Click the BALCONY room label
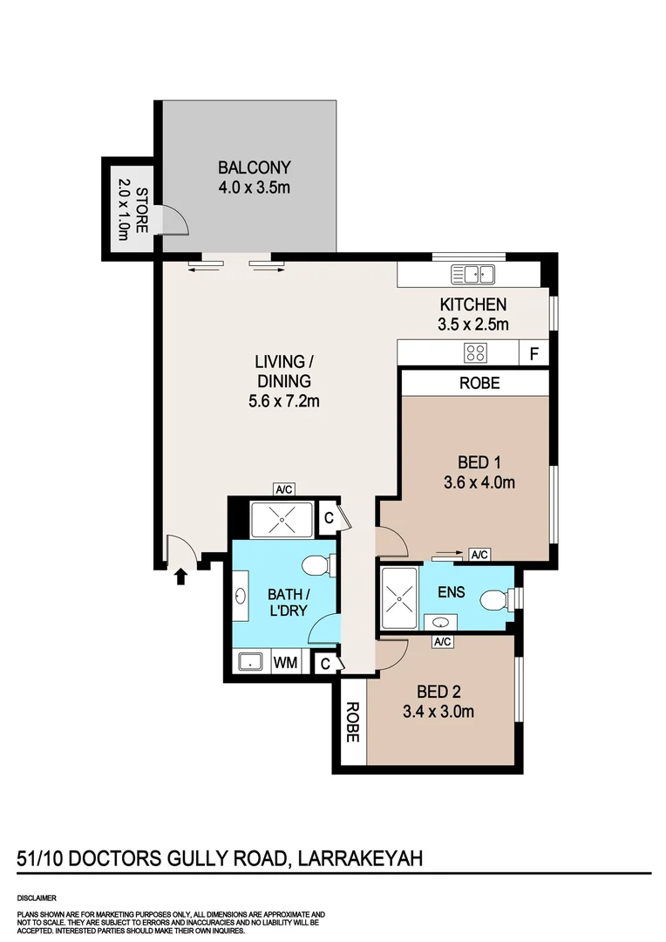[254, 167]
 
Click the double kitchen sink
[472, 275]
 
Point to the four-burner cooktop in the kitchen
[475, 353]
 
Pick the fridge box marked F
[533, 354]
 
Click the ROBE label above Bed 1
[478, 382]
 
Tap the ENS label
[452, 592]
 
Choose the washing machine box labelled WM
[285, 663]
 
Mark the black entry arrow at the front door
[181, 576]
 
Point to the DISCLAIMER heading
[37, 898]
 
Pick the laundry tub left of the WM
[250, 663]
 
